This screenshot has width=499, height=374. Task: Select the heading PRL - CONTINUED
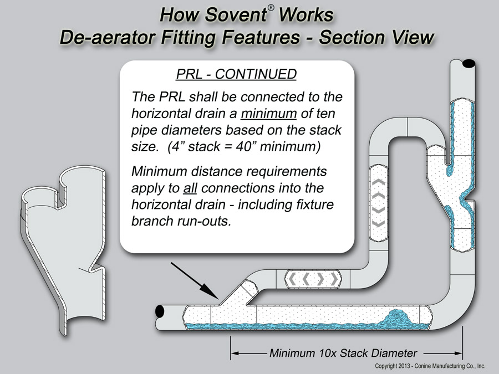(237, 74)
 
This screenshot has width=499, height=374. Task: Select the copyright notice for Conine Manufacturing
(430, 366)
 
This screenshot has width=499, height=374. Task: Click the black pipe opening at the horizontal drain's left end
(160, 311)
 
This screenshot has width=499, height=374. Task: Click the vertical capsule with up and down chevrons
(379, 202)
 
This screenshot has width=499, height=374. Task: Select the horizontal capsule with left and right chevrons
(312, 280)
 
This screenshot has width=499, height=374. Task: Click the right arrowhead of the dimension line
(458, 352)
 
